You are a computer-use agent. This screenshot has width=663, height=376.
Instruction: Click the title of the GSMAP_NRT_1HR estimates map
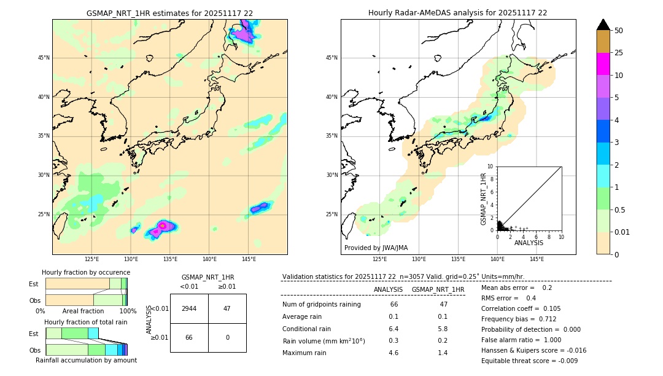(x=169, y=13)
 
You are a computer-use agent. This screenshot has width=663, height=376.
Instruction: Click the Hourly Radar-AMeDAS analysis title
(x=458, y=13)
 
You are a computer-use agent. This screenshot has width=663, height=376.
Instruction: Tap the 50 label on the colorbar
(x=619, y=31)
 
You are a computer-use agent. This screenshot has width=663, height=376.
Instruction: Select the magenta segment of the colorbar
(x=603, y=64)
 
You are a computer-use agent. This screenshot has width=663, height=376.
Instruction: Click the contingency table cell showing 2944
(x=189, y=308)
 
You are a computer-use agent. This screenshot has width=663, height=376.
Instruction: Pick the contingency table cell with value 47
(x=227, y=308)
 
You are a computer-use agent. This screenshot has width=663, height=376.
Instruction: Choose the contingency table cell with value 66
(x=189, y=337)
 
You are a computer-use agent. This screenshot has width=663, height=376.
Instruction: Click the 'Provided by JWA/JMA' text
(x=376, y=248)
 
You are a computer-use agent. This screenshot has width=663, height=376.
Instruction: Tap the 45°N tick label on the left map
(x=44, y=58)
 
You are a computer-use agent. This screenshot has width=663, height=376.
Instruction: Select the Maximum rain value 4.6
(x=394, y=353)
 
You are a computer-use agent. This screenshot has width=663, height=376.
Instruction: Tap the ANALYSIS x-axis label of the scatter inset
(x=529, y=243)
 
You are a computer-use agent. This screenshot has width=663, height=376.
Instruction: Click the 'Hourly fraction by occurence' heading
(x=86, y=272)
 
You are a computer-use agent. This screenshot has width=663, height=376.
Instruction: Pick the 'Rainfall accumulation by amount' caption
(x=86, y=360)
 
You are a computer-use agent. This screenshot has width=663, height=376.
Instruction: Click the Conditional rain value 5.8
(x=442, y=329)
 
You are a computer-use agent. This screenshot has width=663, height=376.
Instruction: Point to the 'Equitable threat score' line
(x=529, y=361)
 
